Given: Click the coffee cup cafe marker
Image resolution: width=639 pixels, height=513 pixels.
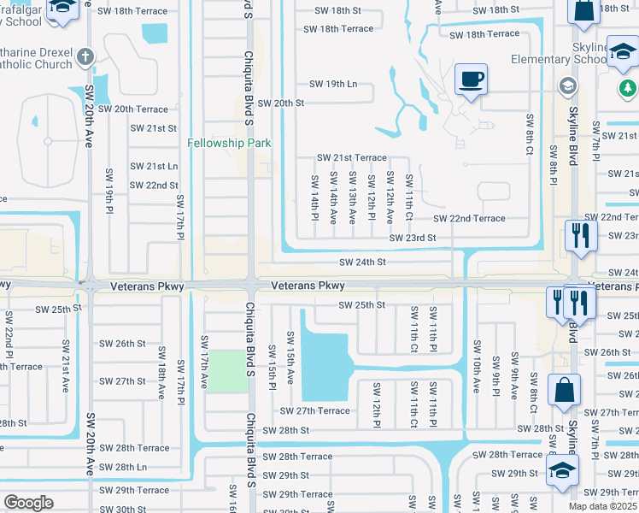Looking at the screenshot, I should coord(471,80).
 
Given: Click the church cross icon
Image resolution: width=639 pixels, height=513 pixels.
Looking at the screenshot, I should coord(84,57).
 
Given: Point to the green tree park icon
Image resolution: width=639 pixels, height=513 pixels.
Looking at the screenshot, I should coord(628,88).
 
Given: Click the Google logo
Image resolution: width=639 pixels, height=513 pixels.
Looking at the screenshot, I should coord(29,502).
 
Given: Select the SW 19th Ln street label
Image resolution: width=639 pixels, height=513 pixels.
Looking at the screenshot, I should coord(333,85).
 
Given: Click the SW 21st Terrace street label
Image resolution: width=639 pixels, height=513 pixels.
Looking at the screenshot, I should coord(352,158).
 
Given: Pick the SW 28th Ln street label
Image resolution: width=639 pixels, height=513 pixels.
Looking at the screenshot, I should coord(123,467).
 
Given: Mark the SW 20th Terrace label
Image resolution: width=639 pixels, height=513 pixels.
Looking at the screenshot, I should coord(133,109).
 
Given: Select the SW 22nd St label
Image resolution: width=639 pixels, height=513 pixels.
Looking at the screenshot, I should coord(154,186).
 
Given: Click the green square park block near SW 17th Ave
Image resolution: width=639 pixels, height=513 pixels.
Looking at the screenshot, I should coord(226,370).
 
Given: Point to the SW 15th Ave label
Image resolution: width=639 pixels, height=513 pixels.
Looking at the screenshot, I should coord(290,364).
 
